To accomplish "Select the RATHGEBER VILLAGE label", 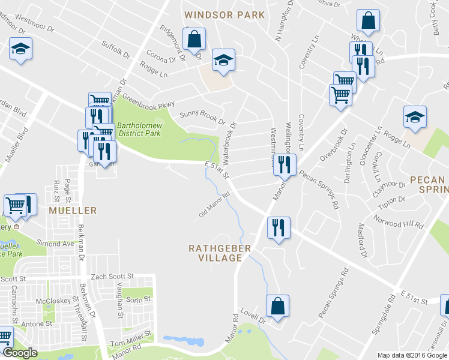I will tap(215, 253).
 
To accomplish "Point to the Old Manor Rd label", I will tap(215, 205).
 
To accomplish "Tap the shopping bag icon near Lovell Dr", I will tap(277, 307).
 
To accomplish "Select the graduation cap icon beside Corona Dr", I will tap(223, 60).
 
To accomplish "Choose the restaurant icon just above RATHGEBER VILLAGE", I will tap(278, 228).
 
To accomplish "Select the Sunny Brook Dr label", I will tap(202, 115).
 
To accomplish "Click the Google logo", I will tap(20, 353).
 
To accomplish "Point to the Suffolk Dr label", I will tap(116, 48).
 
